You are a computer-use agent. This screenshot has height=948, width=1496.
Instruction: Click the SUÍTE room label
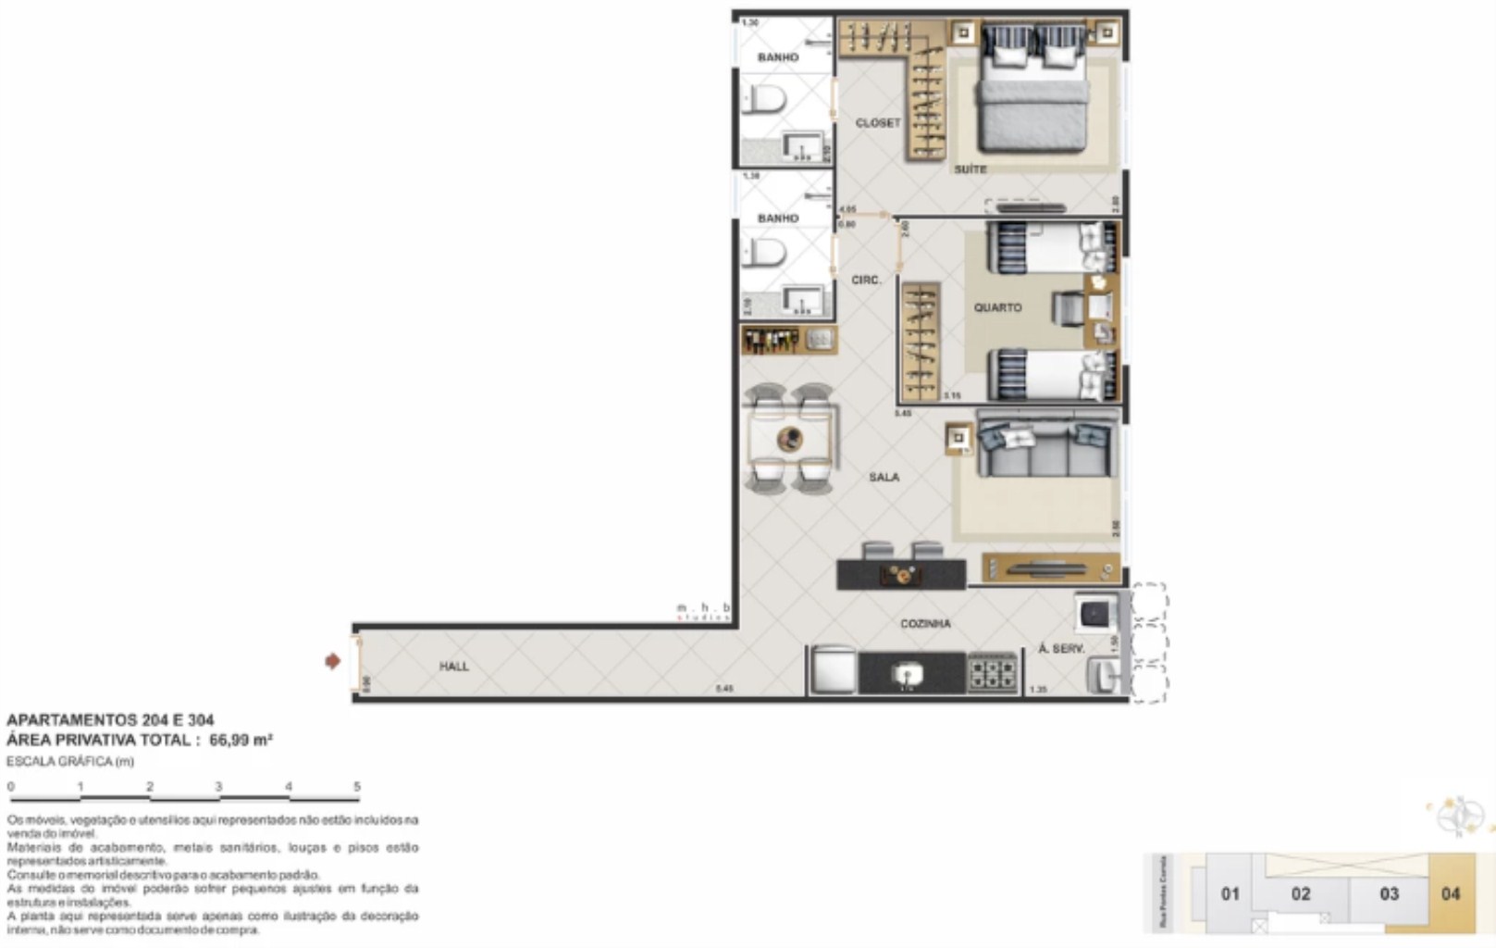(x=971, y=169)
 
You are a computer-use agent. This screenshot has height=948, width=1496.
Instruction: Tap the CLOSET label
(x=877, y=123)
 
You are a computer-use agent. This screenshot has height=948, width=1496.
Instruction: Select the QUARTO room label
(x=997, y=307)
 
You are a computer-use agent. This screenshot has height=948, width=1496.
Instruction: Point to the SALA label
(x=884, y=477)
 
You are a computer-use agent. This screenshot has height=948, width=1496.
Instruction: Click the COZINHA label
(x=925, y=624)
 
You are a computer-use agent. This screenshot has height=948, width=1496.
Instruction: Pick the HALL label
(x=453, y=667)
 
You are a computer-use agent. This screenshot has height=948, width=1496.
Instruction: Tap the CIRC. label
(x=866, y=280)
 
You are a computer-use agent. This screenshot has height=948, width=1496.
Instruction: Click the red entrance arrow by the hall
(x=332, y=661)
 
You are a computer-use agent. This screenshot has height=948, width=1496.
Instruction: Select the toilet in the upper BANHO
(x=766, y=99)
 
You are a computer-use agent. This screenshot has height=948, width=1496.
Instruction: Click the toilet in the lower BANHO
(x=766, y=252)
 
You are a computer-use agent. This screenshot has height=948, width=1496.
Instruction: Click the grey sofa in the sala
(x=1046, y=450)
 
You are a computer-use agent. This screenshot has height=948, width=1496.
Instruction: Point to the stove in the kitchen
(x=992, y=673)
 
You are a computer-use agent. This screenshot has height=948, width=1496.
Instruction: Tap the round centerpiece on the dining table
(x=789, y=439)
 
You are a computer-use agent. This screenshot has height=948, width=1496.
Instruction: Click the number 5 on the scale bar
(x=357, y=787)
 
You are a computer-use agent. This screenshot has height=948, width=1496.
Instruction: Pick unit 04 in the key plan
(x=1450, y=893)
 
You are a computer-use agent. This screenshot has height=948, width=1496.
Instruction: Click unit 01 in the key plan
(x=1230, y=893)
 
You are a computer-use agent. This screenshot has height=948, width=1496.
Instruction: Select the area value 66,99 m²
(x=241, y=740)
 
